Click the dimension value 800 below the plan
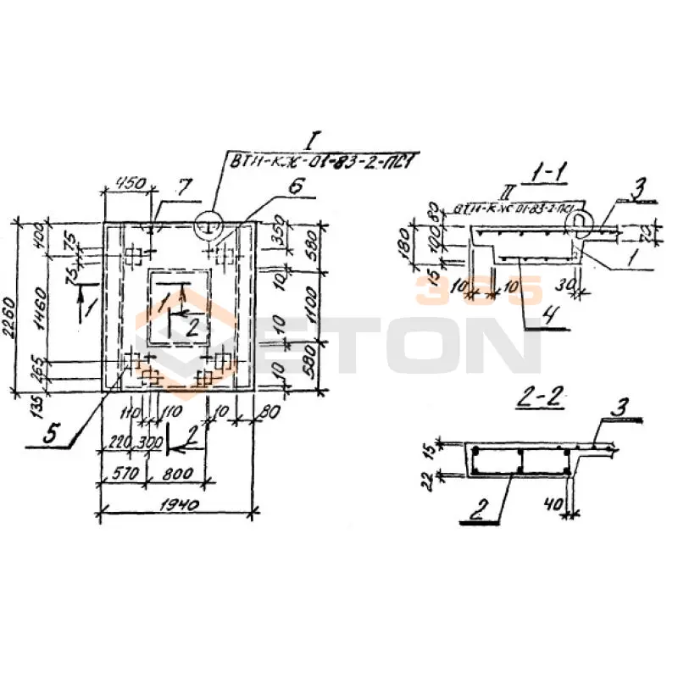[180, 473]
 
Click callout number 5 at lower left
[51, 436]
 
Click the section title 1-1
[547, 175]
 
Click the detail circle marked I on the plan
[208, 225]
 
